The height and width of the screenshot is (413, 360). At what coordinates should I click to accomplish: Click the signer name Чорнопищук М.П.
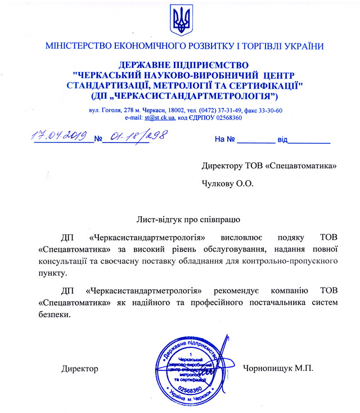click(277, 369)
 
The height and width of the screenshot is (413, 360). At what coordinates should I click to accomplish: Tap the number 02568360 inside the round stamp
click(189, 388)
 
